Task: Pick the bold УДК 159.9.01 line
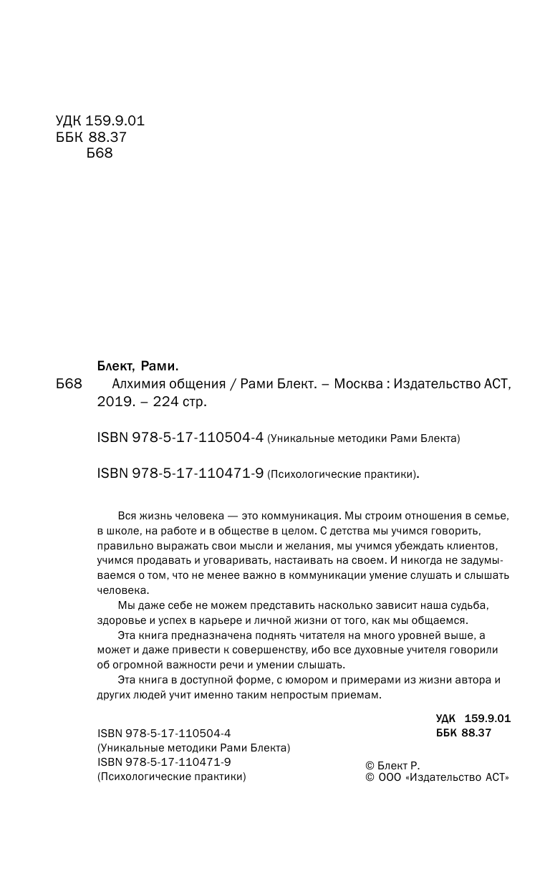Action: pos(473,718)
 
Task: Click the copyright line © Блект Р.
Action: pos(392,766)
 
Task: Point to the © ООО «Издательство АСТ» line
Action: pos(437,779)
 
